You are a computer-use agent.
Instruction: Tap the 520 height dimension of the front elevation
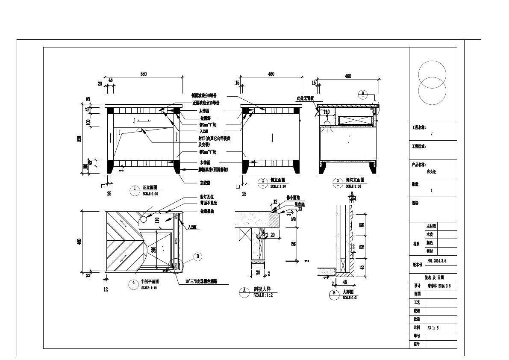click(x=79, y=139)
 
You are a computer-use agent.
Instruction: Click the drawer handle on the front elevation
click(x=144, y=121)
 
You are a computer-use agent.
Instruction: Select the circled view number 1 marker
click(x=135, y=188)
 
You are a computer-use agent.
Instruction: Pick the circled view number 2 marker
click(x=264, y=181)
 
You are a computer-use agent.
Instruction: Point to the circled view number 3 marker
click(x=338, y=181)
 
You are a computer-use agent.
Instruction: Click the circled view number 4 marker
click(x=135, y=282)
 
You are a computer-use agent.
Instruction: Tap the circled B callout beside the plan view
click(x=198, y=257)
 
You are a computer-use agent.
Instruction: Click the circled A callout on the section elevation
click(x=363, y=93)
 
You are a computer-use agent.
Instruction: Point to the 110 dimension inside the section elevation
click(x=327, y=112)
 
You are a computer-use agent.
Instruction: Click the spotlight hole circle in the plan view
click(x=143, y=219)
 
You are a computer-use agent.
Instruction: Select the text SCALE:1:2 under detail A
click(x=263, y=295)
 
